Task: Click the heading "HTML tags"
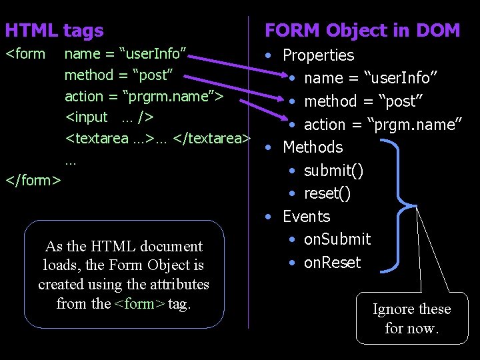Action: (54, 31)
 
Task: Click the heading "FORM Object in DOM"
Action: (362, 31)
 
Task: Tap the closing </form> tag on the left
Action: (33, 180)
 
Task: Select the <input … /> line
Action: (109, 117)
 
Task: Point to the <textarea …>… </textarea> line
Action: (157, 139)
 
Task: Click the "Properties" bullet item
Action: (318, 55)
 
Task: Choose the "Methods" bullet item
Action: (313, 147)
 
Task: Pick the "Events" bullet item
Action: (306, 217)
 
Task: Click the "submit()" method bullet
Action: (333, 171)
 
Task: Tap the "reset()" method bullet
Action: (327, 193)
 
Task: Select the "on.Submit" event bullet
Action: (337, 239)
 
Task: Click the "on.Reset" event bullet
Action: (332, 263)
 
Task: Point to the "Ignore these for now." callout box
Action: (411, 319)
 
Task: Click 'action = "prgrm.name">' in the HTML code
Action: (143, 97)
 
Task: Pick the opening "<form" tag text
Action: (25, 54)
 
